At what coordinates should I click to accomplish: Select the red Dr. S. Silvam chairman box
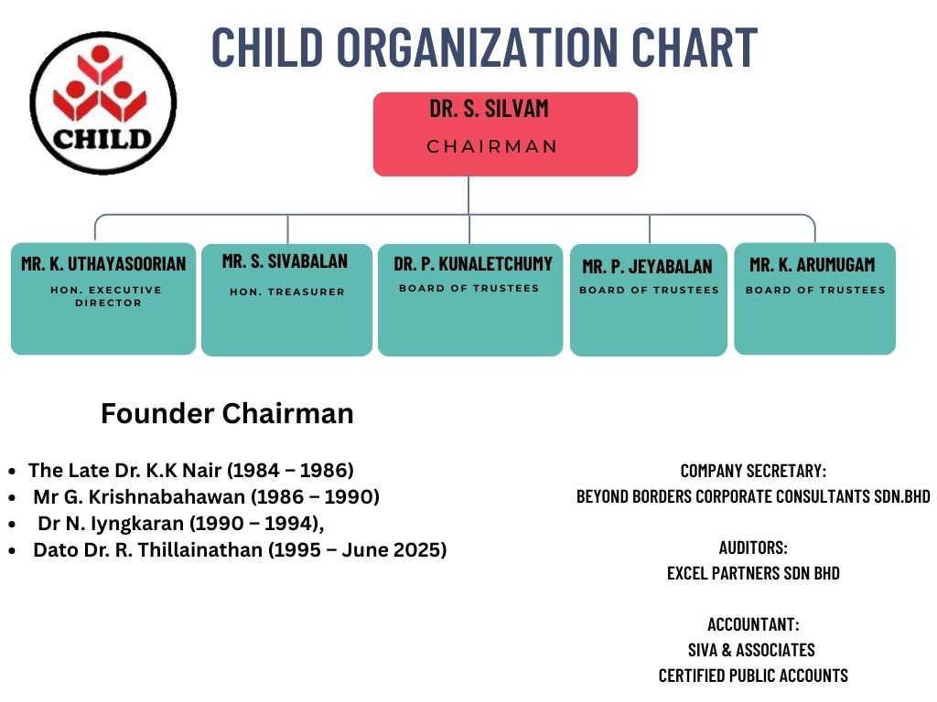click(x=505, y=133)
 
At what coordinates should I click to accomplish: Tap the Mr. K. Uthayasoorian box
click(x=103, y=299)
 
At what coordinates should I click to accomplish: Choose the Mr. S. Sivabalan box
click(x=286, y=300)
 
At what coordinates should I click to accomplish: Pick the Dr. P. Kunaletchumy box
click(x=470, y=300)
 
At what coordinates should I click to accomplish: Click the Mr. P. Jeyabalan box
click(x=649, y=300)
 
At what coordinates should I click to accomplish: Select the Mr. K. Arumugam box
click(x=815, y=299)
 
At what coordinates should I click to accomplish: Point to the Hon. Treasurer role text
click(x=287, y=292)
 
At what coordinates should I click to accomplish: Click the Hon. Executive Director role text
click(x=106, y=296)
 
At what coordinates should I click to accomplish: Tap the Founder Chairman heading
click(x=227, y=413)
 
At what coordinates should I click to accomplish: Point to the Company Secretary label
click(x=754, y=471)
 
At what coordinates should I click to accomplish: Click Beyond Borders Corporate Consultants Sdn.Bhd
click(x=754, y=496)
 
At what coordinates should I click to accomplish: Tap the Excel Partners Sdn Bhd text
click(x=754, y=573)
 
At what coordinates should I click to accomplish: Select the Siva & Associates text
click(x=751, y=650)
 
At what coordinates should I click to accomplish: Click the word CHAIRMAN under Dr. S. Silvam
click(x=491, y=146)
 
